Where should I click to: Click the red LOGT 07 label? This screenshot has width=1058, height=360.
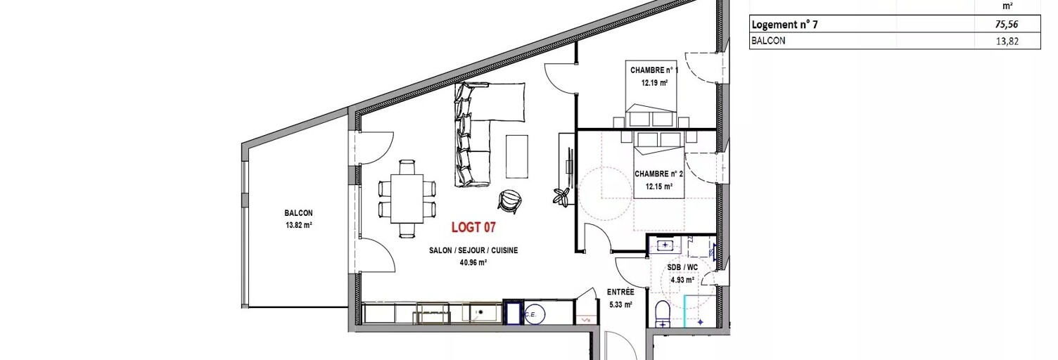(x=473, y=227)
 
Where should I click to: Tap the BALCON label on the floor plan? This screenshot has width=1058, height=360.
(x=298, y=213)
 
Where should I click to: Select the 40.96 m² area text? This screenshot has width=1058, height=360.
(x=473, y=263)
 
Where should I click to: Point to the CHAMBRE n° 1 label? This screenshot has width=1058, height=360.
(x=654, y=70)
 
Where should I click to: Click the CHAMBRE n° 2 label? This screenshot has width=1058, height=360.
(x=659, y=174)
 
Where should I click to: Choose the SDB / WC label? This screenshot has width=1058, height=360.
(x=682, y=267)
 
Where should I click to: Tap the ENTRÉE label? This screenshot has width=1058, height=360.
(x=620, y=292)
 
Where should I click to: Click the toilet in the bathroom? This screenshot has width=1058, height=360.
(x=663, y=314)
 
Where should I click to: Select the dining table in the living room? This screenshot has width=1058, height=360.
(x=407, y=198)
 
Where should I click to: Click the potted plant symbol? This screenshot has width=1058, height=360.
(x=562, y=196)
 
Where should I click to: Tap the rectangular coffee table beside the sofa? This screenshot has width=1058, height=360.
(x=517, y=157)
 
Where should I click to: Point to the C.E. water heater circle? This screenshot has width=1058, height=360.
(x=535, y=314)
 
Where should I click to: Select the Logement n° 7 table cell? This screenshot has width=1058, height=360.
(x=784, y=25)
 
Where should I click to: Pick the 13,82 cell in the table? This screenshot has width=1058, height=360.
(x=1007, y=41)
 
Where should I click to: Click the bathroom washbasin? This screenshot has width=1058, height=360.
(x=665, y=245)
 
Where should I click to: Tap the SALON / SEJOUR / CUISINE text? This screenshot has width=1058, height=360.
(x=473, y=250)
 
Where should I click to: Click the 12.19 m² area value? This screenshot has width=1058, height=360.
(x=654, y=83)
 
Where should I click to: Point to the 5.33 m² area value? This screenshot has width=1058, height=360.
(x=620, y=304)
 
